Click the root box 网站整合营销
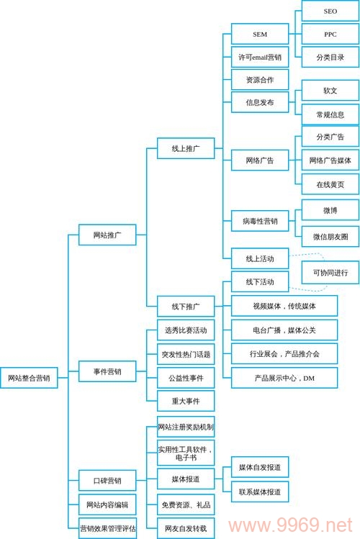(x=29, y=378)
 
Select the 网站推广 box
(x=107, y=235)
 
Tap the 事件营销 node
(x=107, y=371)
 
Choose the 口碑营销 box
(x=107, y=480)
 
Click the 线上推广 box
(x=186, y=148)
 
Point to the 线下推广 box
(x=186, y=306)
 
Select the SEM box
(x=260, y=34)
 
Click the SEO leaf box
(x=330, y=12)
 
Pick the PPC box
(x=330, y=34)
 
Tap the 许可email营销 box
(x=260, y=57)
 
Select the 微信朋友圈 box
(x=330, y=236)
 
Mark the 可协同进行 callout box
(x=330, y=273)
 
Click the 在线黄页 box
(x=330, y=184)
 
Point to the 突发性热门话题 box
(x=186, y=354)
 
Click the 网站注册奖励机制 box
(x=186, y=426)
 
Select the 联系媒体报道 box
(x=260, y=492)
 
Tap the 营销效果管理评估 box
(x=107, y=527)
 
